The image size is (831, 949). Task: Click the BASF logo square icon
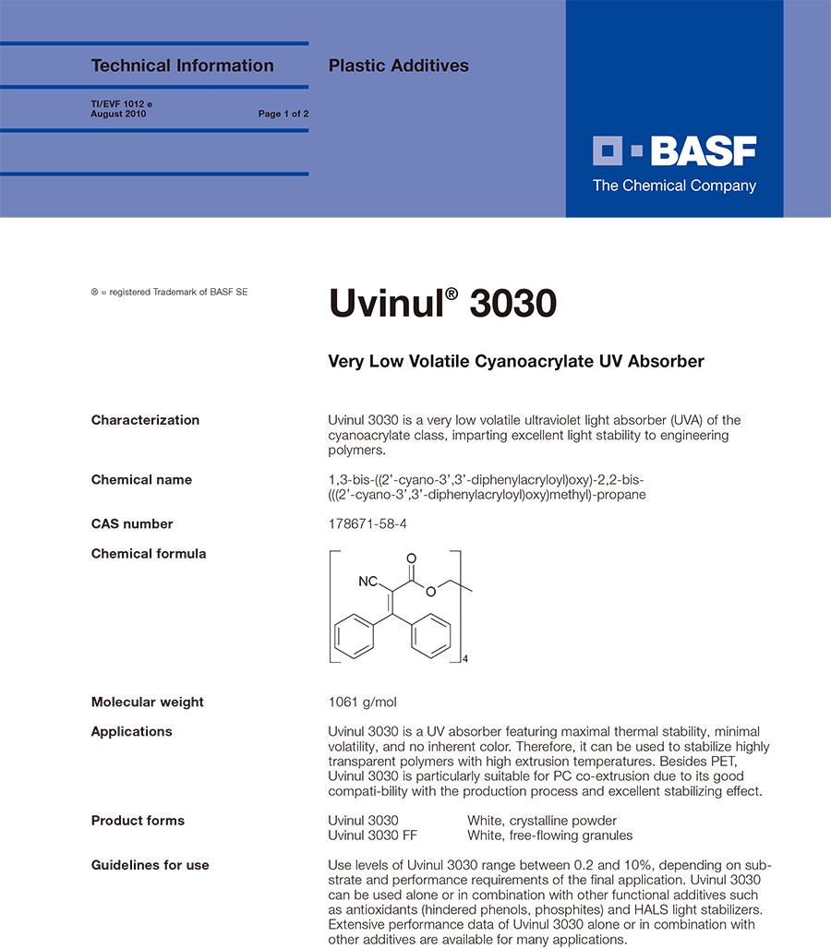coord(609,151)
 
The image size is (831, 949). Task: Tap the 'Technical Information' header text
coord(182,66)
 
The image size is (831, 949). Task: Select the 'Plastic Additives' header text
coord(399,66)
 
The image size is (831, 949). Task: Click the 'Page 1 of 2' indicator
coord(283,114)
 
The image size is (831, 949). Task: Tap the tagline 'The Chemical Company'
coord(674,186)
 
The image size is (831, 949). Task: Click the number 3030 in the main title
coord(512,304)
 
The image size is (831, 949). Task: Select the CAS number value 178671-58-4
coord(367,523)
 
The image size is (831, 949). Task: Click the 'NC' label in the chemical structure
coord(368,583)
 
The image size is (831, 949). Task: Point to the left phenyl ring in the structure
coord(353,637)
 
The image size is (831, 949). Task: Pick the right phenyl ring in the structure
coord(430,637)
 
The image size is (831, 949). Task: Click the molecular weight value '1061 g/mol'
coord(363,702)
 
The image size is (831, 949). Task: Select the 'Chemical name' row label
coord(141,480)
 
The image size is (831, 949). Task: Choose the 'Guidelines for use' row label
coord(150,865)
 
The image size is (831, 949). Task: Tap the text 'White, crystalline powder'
coord(542,821)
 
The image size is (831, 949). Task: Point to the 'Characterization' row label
coord(145,420)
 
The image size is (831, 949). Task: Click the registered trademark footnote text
coord(169,292)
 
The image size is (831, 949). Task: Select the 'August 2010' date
coord(118,114)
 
